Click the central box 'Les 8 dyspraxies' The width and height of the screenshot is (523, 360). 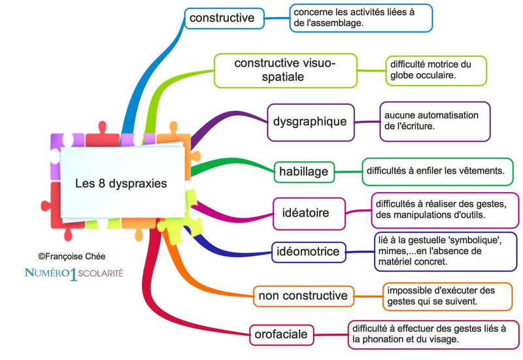(120, 184)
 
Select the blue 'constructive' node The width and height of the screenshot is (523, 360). (222, 18)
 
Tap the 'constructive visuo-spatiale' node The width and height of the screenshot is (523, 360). (285, 70)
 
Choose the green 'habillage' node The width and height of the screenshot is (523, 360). (303, 172)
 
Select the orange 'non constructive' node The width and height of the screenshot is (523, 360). (303, 296)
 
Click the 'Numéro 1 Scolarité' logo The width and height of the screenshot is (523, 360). (73, 273)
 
